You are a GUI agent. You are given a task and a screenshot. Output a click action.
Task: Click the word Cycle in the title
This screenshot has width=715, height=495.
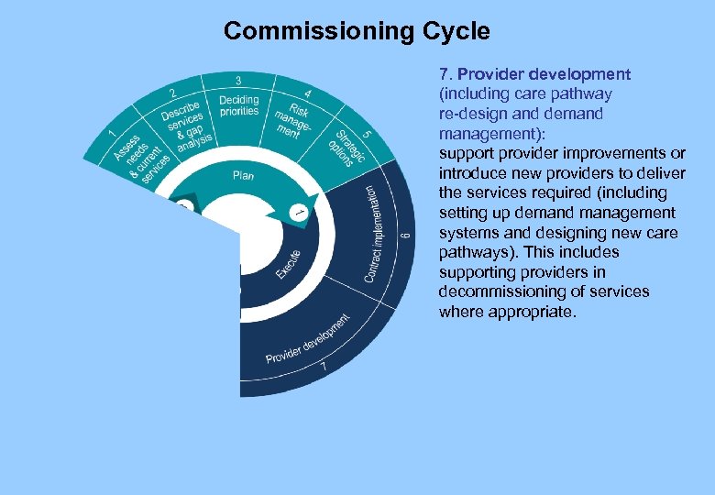click(x=456, y=31)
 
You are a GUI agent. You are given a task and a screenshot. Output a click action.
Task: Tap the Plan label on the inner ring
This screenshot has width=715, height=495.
click(x=243, y=174)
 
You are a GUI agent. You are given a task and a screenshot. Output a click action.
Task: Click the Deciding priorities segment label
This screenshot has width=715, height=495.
click(x=239, y=105)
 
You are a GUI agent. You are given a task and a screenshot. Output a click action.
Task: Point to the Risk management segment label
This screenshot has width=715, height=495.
click(x=292, y=118)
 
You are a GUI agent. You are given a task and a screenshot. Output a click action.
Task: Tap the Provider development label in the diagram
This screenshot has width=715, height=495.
click(x=308, y=339)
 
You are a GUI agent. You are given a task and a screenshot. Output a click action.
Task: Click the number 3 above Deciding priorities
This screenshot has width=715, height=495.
click(x=238, y=81)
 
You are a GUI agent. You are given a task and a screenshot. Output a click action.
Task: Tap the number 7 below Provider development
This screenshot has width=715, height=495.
click(x=323, y=368)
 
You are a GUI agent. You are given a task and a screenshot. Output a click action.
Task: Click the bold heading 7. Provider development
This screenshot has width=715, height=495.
click(x=534, y=74)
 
